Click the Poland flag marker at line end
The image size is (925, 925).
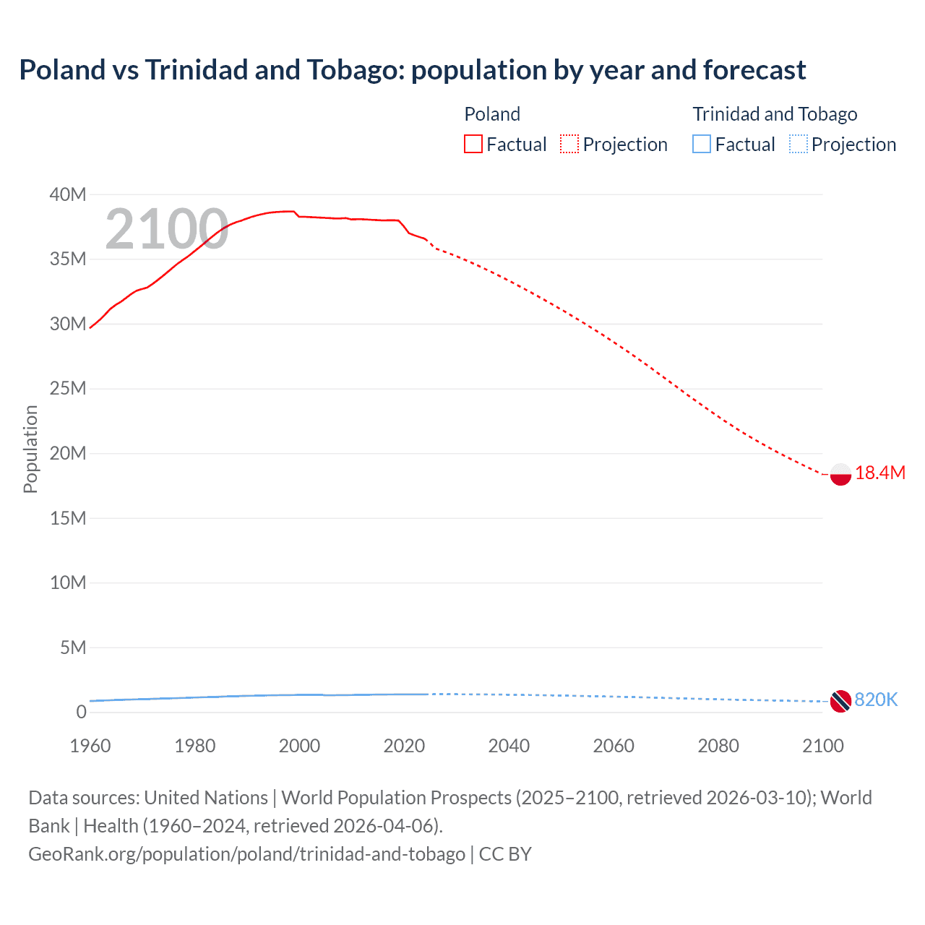click(x=840, y=474)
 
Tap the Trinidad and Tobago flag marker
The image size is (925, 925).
click(x=840, y=700)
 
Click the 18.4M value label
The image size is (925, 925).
click(x=879, y=473)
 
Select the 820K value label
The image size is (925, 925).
click(x=876, y=700)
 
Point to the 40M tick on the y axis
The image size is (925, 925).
click(x=68, y=194)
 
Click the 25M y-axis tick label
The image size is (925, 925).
click(x=68, y=389)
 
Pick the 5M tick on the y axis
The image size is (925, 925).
click(x=72, y=647)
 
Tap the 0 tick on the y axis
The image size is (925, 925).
click(x=81, y=713)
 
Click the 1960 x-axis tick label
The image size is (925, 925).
click(x=90, y=746)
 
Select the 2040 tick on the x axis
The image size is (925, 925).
click(x=509, y=746)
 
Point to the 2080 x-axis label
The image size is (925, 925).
click(x=718, y=746)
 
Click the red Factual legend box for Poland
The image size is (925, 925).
click(x=473, y=145)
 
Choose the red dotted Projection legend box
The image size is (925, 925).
click(x=569, y=145)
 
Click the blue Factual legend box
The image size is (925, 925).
click(x=702, y=145)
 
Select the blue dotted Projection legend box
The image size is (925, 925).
click(x=799, y=145)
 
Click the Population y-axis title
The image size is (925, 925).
click(x=30, y=449)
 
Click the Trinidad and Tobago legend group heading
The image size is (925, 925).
click(x=775, y=114)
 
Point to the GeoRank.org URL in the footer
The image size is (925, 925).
click(x=246, y=854)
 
